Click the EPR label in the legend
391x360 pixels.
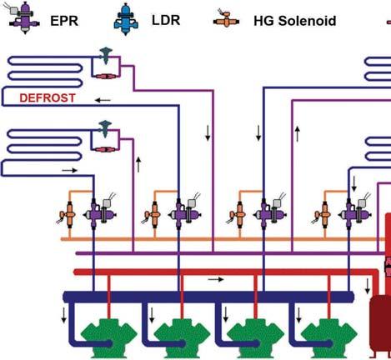[x=64, y=21]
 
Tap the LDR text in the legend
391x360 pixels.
[x=166, y=20]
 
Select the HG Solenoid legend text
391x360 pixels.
[x=295, y=21]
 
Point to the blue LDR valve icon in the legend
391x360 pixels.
[x=126, y=19]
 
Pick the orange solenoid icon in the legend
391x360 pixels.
[x=226, y=18]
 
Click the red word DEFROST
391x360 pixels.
[x=48, y=97]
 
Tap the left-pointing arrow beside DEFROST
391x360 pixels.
[x=103, y=100]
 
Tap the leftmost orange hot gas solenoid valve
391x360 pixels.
[x=68, y=214]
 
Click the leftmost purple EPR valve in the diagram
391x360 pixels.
[x=99, y=214]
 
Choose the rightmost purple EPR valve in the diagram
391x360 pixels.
[x=354, y=214]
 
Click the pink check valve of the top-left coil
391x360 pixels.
[x=105, y=76]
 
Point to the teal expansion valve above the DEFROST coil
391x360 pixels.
[x=106, y=55]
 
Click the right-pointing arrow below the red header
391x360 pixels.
[x=216, y=279]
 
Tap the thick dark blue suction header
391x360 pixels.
[x=208, y=297]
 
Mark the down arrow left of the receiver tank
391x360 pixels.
[x=368, y=286]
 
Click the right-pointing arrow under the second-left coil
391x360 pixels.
[x=70, y=170]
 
